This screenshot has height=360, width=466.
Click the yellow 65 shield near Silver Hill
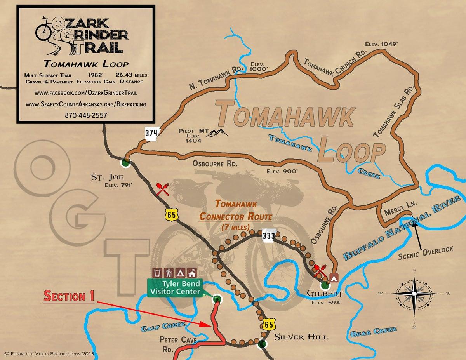point(268,325)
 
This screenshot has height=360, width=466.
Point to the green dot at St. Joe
point(125,163)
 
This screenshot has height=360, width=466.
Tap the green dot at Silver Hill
point(262,344)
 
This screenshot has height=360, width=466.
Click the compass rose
point(414,294)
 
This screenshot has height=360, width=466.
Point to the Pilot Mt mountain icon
point(217,133)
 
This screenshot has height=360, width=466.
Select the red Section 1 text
point(69,296)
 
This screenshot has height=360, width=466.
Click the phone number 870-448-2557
point(87,115)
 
